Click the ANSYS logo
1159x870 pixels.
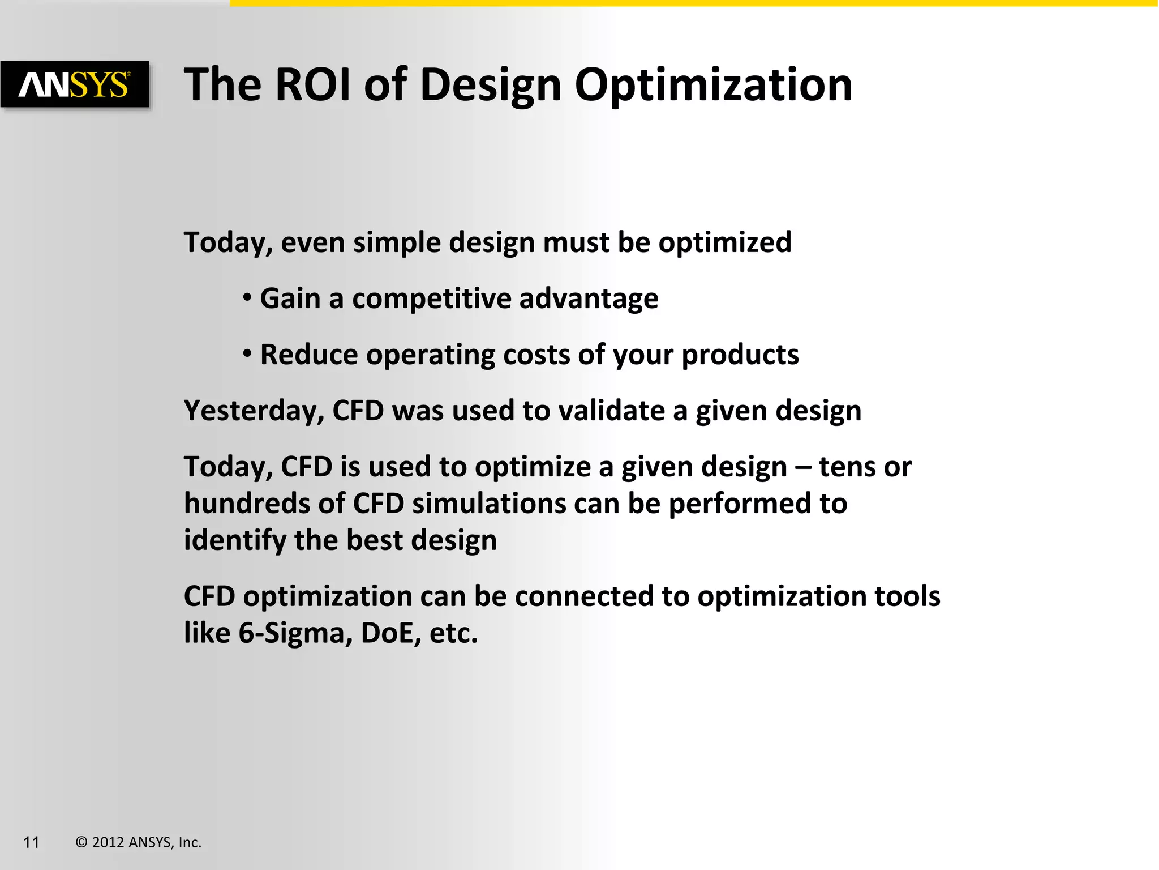tap(75, 85)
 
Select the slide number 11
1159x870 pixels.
tap(31, 842)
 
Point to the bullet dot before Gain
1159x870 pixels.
tap(247, 297)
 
